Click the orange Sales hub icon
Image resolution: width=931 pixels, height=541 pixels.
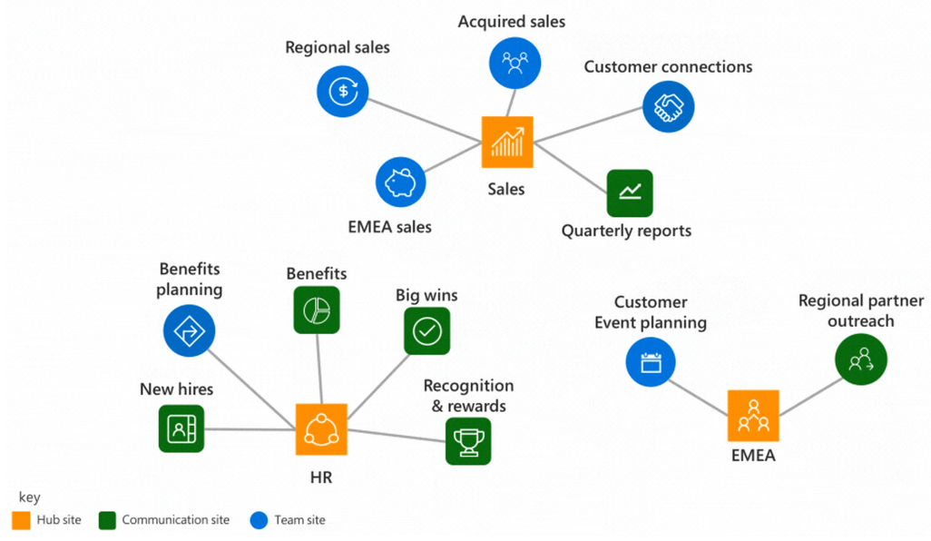point(507,143)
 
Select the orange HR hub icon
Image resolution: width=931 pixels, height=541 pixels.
point(321,428)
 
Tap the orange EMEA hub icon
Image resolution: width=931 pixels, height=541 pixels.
point(753,415)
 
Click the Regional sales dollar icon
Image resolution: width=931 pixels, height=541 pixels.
point(342,90)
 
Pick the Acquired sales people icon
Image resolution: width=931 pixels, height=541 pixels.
point(514,63)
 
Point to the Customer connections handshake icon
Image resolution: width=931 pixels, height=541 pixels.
point(668,107)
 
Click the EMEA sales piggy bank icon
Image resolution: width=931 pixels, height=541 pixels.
point(400,183)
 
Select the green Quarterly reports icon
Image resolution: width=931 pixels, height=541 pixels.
point(630,192)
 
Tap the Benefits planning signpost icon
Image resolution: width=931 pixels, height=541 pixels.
point(189,330)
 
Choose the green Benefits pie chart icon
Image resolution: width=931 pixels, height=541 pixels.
point(317,310)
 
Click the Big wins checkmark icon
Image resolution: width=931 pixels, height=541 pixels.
point(426,331)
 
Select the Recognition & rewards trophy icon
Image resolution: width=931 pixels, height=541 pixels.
point(468,441)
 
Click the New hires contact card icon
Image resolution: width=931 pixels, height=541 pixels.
point(181,428)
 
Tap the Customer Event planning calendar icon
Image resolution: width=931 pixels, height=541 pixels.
point(651,363)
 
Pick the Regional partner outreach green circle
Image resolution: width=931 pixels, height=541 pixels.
point(860,361)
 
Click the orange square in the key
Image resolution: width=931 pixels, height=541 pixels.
point(21,520)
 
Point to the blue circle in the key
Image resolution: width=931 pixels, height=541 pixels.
point(258,520)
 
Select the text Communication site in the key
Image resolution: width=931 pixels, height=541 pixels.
point(175,520)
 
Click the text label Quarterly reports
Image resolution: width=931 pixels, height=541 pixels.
point(626,231)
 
